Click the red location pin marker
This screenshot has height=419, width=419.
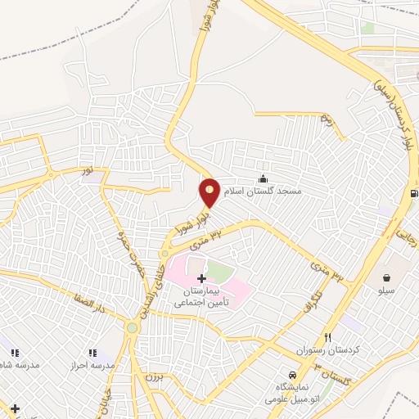pyautogui.click(x=210, y=192)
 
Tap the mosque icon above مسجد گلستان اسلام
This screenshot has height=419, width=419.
pyautogui.click(x=263, y=179)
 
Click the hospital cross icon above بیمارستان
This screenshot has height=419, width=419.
pyautogui.click(x=202, y=279)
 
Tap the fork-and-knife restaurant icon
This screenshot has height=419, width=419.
pyautogui.click(x=328, y=337)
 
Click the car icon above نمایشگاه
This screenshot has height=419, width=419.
pyautogui.click(x=294, y=376)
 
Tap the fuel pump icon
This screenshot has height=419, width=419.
pyautogui.click(x=414, y=194)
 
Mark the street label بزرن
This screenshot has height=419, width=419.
pyautogui.click(x=154, y=377)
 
